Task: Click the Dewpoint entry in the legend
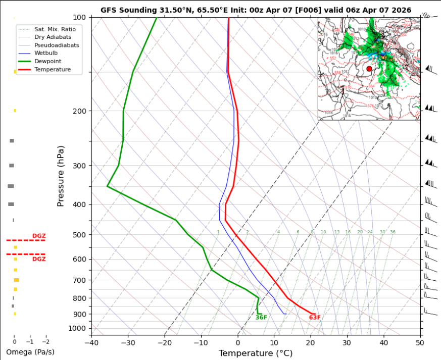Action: click(48, 61)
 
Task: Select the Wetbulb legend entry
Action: click(46, 53)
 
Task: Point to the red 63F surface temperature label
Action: click(315, 318)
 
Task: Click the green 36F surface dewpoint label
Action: click(261, 318)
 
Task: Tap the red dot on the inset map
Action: click(369, 69)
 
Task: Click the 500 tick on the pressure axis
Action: click(79, 235)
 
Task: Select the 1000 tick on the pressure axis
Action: click(77, 329)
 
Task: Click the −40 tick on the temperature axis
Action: click(91, 343)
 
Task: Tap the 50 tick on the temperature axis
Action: click(420, 343)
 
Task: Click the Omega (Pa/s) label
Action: click(30, 352)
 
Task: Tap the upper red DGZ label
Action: click(39, 236)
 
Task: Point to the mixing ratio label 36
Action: click(393, 232)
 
